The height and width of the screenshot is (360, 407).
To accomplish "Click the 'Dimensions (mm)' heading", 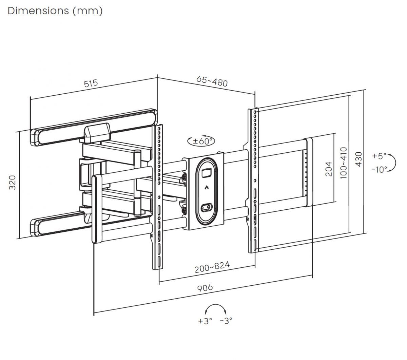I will (x=55, y=11).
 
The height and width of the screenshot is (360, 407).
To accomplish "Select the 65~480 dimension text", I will (x=212, y=81).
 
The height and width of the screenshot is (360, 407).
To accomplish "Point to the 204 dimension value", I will (x=328, y=169).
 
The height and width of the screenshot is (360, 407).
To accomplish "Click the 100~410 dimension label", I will (x=344, y=164).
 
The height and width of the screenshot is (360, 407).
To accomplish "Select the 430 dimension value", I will (x=358, y=159).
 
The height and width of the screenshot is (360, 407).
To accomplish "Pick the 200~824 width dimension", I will (x=212, y=267).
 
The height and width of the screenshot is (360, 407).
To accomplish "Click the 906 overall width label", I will (x=205, y=288).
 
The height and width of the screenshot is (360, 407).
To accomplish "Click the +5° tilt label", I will (x=379, y=156).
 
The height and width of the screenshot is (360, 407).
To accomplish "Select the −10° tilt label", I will (x=379, y=169).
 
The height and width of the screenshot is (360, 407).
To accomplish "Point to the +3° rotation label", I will (x=205, y=321).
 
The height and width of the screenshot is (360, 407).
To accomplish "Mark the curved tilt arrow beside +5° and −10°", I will (x=393, y=163).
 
